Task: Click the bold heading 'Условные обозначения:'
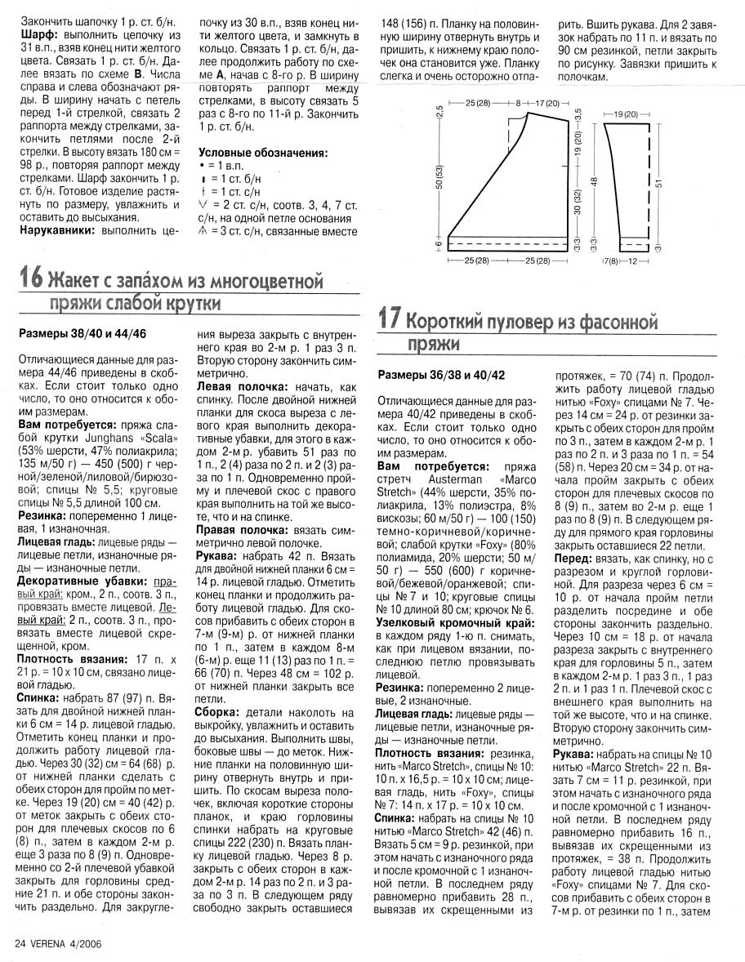click(263, 153)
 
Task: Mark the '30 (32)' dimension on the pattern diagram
click(578, 199)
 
